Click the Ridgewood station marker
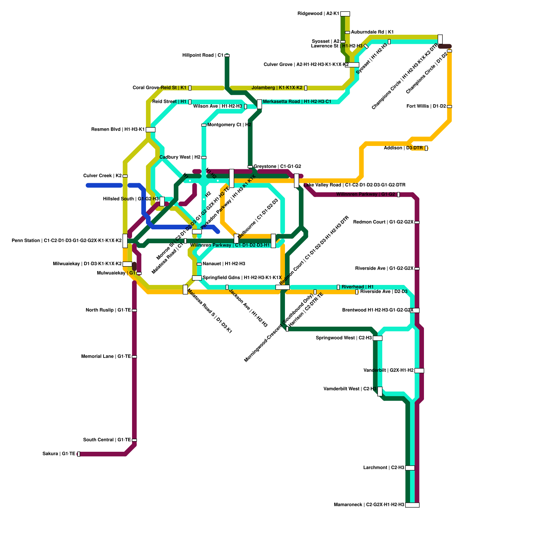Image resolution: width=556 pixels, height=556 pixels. tap(345, 14)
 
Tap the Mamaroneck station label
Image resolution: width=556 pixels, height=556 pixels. tap(369, 505)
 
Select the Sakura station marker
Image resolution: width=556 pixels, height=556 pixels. tap(79, 454)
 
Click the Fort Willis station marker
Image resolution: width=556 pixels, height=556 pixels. tap(449, 106)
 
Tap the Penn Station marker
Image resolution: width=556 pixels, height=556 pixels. tap(125, 241)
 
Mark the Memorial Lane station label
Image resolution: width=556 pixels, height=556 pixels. tap(106, 357)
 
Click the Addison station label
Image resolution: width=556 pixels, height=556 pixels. tap(403, 148)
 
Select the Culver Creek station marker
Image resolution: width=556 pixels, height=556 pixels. tap(125, 176)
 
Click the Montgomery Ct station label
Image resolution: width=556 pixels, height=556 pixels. tap(229, 125)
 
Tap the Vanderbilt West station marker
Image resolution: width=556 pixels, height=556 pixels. tap(380, 391)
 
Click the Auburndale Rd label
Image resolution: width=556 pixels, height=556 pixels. tap(372, 32)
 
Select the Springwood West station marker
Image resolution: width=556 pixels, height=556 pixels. tap(377, 338)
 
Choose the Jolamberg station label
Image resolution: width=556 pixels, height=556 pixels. tap(277, 88)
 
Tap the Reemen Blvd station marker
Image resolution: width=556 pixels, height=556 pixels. tap(150, 130)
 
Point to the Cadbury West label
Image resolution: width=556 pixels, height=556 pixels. tap(180, 157)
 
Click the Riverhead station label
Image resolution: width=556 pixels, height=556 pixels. tap(358, 287)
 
